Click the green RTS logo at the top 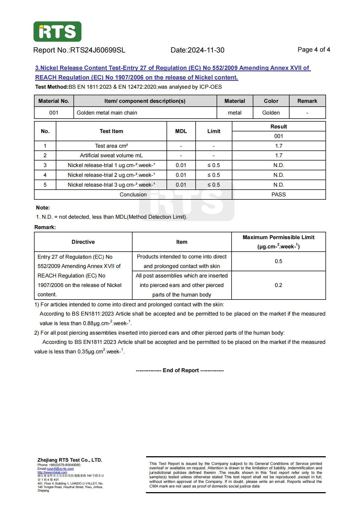point(57,32)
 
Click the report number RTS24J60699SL point(98,50)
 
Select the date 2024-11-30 point(206,50)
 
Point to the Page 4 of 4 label point(314,50)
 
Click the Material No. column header point(54,101)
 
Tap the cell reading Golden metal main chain point(107,113)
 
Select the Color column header point(271,101)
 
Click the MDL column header point(181,131)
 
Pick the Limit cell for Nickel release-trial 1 point(214,165)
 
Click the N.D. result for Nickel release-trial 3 point(279,185)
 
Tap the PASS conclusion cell point(279,195)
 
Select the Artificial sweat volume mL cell point(111,155)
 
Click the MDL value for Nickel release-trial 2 point(181,175)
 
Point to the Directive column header point(83,242)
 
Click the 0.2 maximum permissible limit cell point(278,285)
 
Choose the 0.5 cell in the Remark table point(278,261)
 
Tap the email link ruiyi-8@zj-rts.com point(60,469)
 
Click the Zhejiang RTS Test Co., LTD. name point(70,460)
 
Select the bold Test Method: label point(52,87)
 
